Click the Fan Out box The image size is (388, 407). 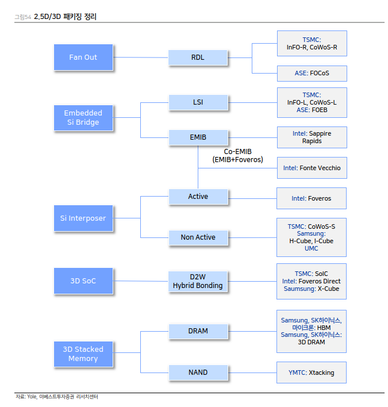(x=83, y=57)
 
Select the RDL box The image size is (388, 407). (x=198, y=57)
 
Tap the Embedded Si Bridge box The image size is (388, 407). (x=83, y=118)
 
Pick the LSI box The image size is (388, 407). (x=198, y=103)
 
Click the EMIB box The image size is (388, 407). (x=198, y=137)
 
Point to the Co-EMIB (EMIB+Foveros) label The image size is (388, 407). (x=237, y=155)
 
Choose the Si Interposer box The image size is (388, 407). (x=83, y=218)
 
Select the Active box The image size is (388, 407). (x=198, y=197)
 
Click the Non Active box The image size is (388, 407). (x=198, y=237)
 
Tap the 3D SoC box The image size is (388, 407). (x=83, y=281)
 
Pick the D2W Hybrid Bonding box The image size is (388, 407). (x=198, y=281)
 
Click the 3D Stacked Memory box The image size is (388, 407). (x=83, y=354)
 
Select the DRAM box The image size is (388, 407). (x=198, y=331)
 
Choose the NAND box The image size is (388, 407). (x=198, y=373)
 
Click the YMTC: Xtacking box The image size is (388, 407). (x=311, y=373)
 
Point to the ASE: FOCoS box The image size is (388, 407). (x=311, y=74)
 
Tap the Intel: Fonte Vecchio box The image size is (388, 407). (x=311, y=168)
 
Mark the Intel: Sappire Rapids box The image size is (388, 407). (x=311, y=137)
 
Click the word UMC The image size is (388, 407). (x=311, y=248)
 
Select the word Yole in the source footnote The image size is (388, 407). (x=32, y=397)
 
